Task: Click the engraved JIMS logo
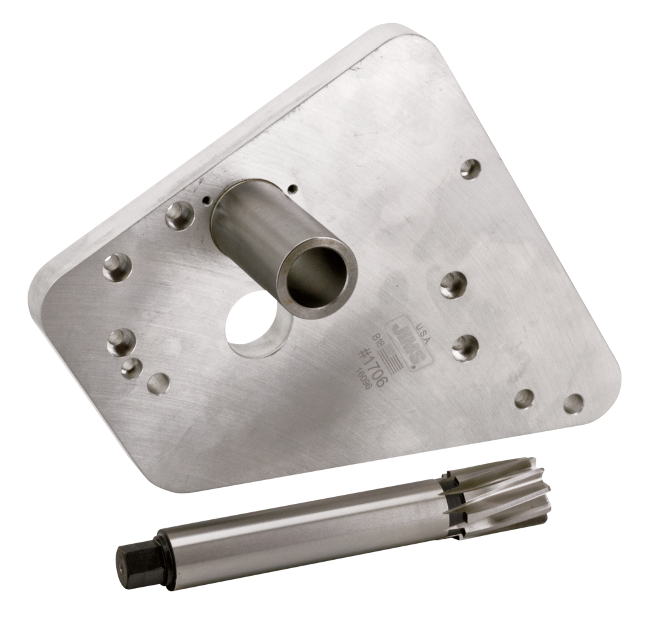[402, 341]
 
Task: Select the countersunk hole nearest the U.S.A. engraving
[467, 346]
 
